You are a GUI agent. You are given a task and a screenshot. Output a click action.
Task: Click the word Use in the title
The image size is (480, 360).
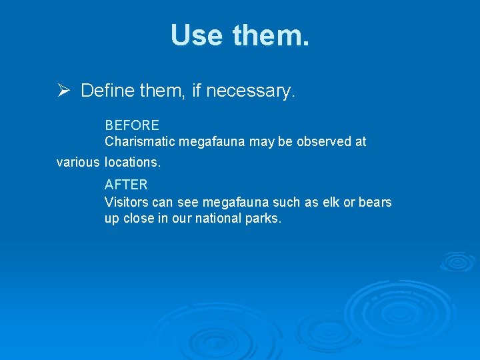[197, 35]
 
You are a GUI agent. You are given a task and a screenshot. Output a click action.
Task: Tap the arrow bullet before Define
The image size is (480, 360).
[63, 91]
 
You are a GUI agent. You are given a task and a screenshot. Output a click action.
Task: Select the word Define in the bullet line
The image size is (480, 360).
[108, 91]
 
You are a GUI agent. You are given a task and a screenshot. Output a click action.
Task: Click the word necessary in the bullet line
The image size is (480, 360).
[250, 91]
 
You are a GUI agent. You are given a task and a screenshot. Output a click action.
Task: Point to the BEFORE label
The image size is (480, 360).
[132, 125]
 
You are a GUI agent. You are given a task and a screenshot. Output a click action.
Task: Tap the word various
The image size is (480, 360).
[78, 162]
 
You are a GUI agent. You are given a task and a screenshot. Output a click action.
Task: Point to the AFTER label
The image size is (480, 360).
[126, 185]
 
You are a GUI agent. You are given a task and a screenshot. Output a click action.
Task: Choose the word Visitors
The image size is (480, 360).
[127, 202]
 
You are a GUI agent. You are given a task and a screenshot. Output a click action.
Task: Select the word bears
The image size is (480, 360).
[375, 202]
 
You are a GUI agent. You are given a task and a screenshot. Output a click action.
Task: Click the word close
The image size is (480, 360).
[138, 219]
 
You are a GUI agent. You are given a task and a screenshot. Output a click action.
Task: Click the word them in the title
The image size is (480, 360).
[271, 35]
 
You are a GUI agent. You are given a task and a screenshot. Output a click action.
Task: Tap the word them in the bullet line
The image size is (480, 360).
[163, 91]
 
